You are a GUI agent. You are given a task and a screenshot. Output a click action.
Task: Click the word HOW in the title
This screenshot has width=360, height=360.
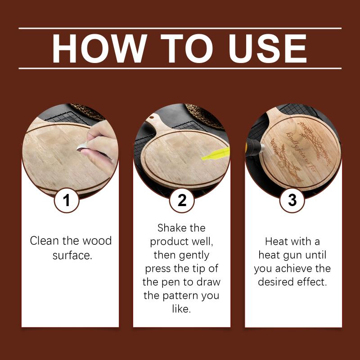[99, 49]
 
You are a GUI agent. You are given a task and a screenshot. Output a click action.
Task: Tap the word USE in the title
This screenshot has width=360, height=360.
[268, 49]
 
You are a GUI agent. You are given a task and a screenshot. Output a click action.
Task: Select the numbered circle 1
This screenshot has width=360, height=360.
[67, 200]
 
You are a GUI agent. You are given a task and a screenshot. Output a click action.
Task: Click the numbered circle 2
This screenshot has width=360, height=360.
[182, 200]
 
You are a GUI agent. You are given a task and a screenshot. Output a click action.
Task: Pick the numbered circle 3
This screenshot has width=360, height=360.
[292, 200]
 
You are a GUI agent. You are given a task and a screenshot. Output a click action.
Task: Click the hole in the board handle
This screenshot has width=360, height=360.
[152, 117]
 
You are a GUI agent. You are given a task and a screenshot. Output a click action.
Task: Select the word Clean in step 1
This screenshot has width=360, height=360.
[44, 241]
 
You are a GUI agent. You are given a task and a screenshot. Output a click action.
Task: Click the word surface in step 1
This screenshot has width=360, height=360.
[72, 255]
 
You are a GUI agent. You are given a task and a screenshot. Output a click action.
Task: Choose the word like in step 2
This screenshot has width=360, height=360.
[181, 309]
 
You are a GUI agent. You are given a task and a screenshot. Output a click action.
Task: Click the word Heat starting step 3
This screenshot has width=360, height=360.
[275, 242]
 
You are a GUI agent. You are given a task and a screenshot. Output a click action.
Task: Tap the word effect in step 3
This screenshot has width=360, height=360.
[312, 282]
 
